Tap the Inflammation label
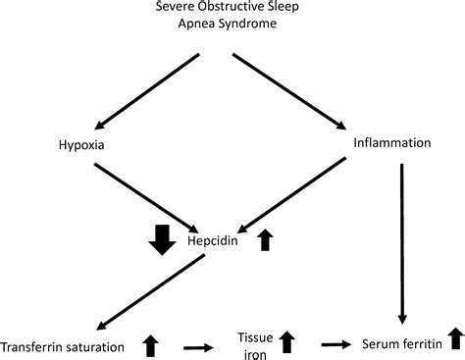(391, 143)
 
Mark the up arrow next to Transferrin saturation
(150, 344)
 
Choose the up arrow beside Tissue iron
(286, 342)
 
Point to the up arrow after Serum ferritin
(455, 339)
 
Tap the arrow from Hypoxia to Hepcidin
(155, 193)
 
